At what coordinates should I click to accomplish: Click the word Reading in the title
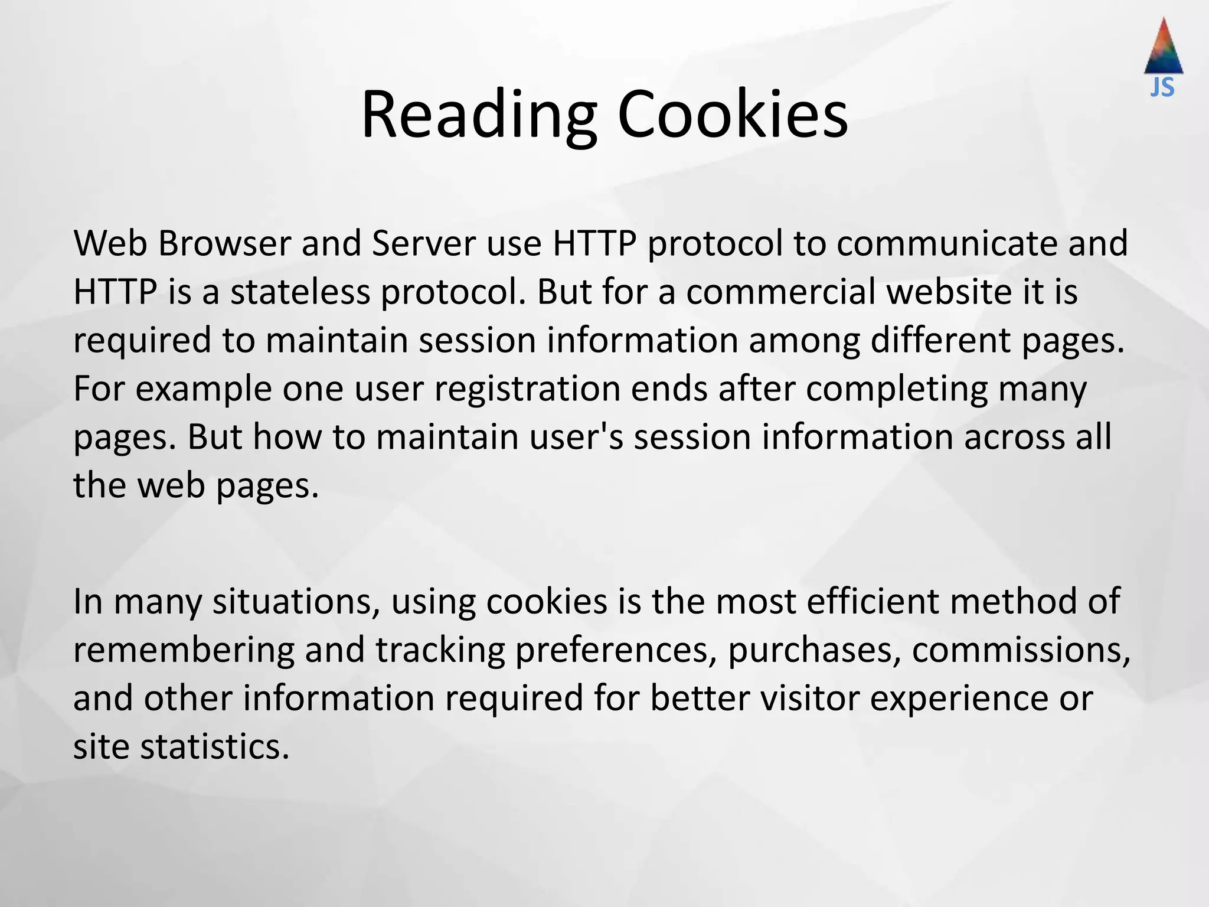tap(479, 115)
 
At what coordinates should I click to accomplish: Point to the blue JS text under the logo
tap(1162, 88)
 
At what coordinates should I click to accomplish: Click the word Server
tap(423, 243)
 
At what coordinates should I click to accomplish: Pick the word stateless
tap(300, 292)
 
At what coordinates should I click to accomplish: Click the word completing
tap(896, 390)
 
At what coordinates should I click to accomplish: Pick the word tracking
tap(440, 650)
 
